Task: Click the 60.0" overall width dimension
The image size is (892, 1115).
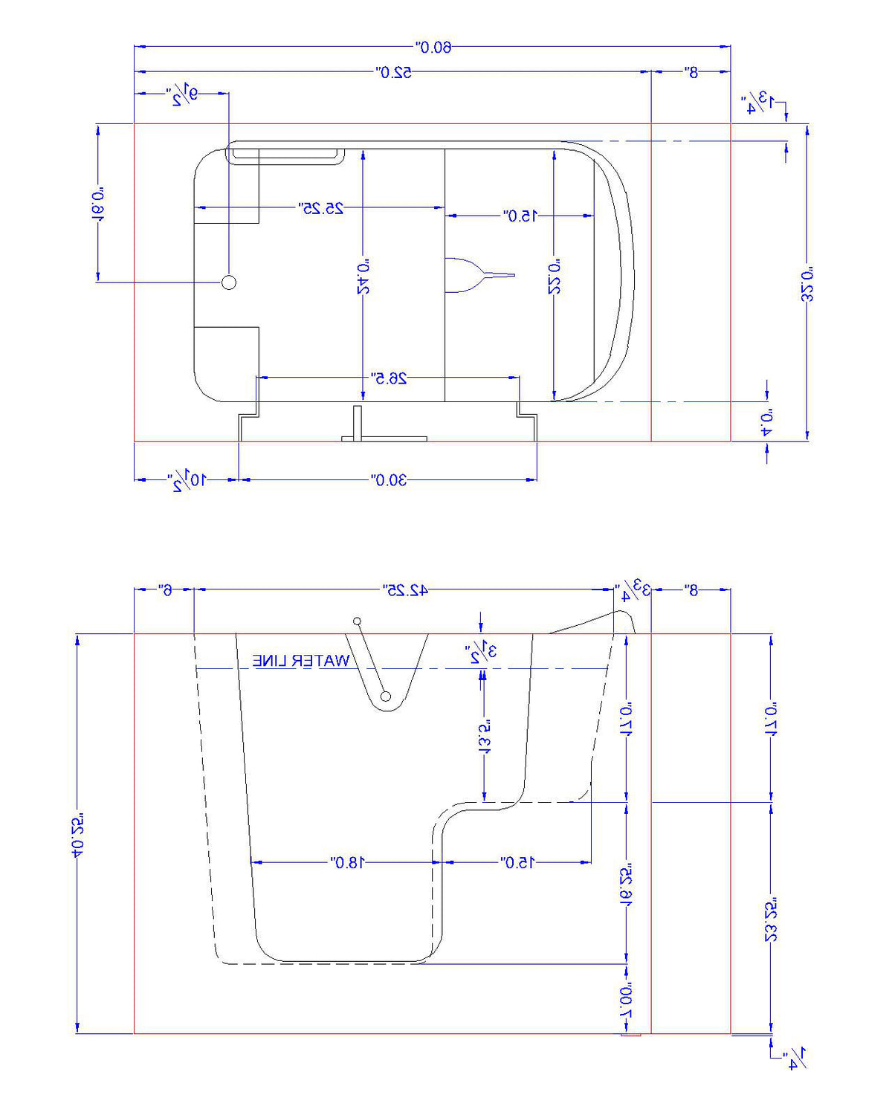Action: click(433, 48)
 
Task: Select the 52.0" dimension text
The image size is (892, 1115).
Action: click(394, 72)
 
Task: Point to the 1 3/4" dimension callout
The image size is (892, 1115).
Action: click(759, 103)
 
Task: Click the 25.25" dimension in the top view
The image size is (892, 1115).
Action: click(321, 208)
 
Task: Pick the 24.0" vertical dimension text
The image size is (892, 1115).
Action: click(363, 277)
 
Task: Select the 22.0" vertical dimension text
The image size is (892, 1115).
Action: click(555, 277)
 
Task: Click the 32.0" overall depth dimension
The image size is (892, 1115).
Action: click(808, 283)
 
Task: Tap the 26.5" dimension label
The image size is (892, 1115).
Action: click(389, 378)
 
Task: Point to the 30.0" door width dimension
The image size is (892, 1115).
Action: click(389, 479)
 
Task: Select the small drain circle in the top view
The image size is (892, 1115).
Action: click(229, 282)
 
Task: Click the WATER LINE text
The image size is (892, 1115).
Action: click(301, 661)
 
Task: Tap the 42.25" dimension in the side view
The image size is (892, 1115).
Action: click(405, 590)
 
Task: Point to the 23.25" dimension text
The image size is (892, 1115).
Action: click(771, 919)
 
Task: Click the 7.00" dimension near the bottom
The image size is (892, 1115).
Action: click(627, 1000)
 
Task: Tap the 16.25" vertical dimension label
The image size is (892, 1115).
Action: click(627, 882)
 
